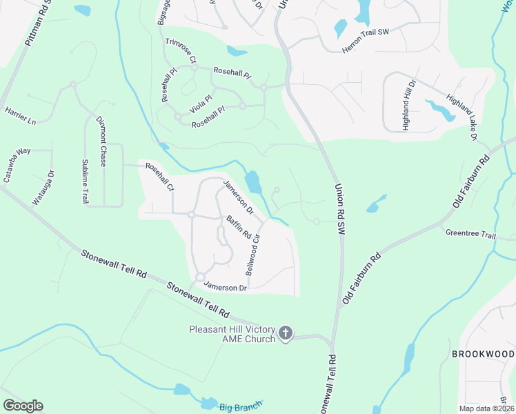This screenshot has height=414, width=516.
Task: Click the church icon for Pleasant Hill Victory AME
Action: [x=286, y=334]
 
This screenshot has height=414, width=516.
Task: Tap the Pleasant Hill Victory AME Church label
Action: [x=232, y=334]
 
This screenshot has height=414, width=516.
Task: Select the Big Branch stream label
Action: [x=241, y=407]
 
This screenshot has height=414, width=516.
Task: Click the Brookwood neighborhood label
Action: [x=483, y=354]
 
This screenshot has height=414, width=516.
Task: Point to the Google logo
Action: [x=23, y=406]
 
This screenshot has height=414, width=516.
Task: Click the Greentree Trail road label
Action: [x=470, y=234]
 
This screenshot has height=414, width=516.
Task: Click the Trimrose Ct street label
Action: [x=181, y=52]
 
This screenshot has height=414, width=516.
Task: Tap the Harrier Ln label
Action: [x=20, y=115]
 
